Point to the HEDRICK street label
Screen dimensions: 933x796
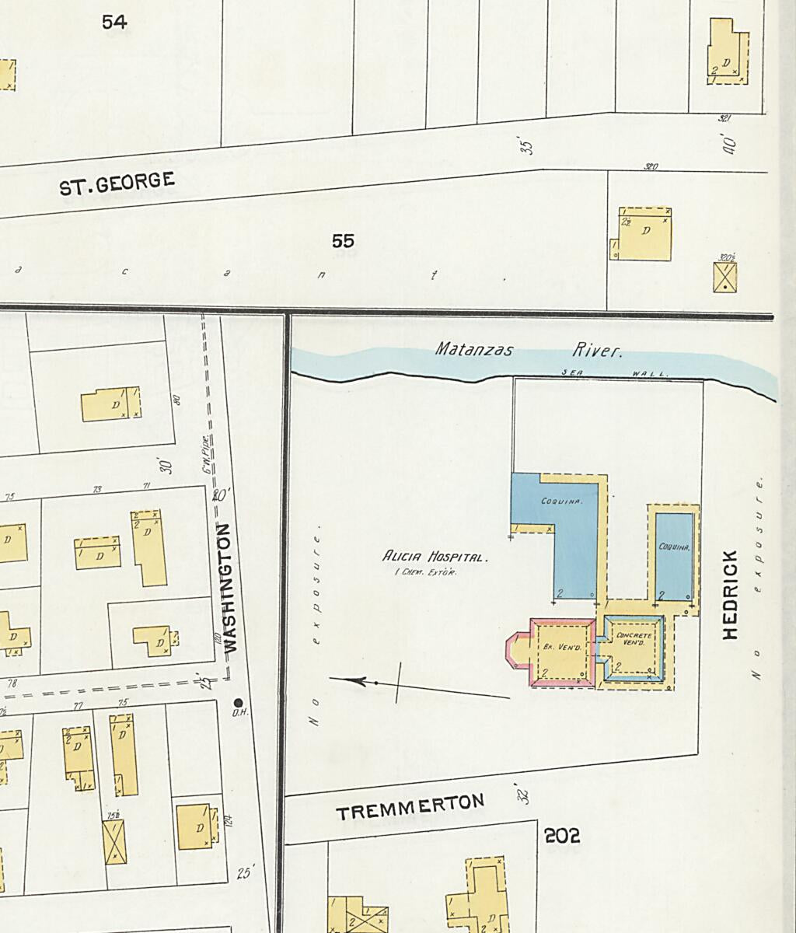click(x=730, y=595)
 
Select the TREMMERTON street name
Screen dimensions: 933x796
click(x=410, y=807)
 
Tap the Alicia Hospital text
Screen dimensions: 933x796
click(x=435, y=557)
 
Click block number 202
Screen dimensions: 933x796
click(x=561, y=836)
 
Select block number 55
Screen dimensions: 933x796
click(x=343, y=241)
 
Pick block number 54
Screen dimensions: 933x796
click(x=114, y=22)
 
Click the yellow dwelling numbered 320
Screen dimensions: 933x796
click(x=644, y=233)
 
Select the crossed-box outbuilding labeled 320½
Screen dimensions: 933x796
click(x=724, y=278)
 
